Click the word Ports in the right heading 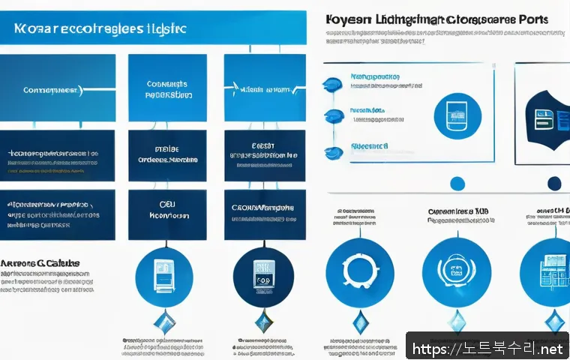528,19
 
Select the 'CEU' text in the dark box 166,202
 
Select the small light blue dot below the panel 456,182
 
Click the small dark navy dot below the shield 554,182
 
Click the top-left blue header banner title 100,28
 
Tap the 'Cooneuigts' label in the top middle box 166,85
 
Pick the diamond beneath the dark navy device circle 262,323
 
